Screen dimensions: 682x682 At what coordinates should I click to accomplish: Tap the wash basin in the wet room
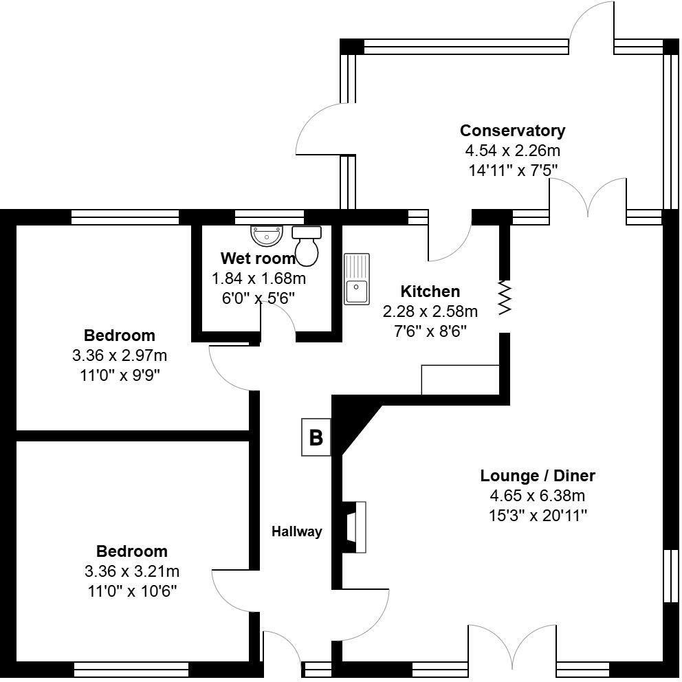(x=266, y=236)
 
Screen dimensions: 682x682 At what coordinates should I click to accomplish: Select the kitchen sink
(x=357, y=278)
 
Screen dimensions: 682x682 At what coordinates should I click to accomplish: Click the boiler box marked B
(x=316, y=437)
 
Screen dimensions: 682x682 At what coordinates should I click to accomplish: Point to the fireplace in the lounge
(x=355, y=527)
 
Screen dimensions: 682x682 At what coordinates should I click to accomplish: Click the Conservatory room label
(x=512, y=131)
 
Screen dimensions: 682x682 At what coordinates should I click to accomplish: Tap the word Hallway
(x=296, y=531)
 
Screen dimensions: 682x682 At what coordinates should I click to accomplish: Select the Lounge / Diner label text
(x=537, y=476)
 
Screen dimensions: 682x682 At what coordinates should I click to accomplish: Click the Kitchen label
(x=430, y=291)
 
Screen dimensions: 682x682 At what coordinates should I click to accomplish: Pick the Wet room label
(x=258, y=259)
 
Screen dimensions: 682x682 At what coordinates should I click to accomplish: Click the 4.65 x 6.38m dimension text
(x=537, y=496)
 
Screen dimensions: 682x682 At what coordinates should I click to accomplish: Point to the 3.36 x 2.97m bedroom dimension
(x=119, y=356)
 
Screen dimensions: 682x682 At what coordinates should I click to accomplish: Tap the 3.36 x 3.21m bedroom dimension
(x=131, y=571)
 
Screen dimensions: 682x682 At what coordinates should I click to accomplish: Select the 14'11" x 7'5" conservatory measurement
(x=513, y=170)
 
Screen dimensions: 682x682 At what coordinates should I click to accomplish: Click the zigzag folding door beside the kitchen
(x=505, y=297)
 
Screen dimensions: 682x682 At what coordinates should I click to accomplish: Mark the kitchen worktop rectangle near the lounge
(x=460, y=380)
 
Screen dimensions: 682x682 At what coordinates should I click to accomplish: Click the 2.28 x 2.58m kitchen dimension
(x=430, y=311)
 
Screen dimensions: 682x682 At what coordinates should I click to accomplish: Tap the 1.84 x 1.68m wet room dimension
(x=258, y=279)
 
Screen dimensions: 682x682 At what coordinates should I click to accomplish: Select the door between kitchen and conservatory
(x=448, y=241)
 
